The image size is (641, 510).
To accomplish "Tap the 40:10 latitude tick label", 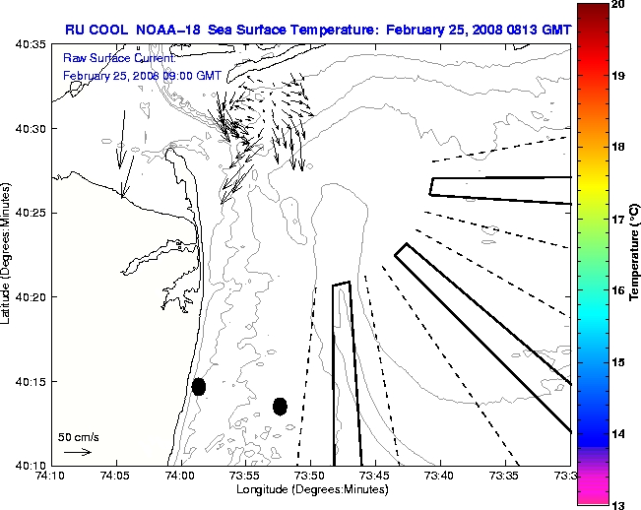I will click(32, 465).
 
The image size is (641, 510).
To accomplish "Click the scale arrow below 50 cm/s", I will click(78, 452).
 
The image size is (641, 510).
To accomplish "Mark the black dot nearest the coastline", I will click(198, 386).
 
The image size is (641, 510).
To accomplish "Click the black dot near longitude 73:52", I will click(280, 406).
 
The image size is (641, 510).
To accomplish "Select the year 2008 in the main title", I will click(472, 30).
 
